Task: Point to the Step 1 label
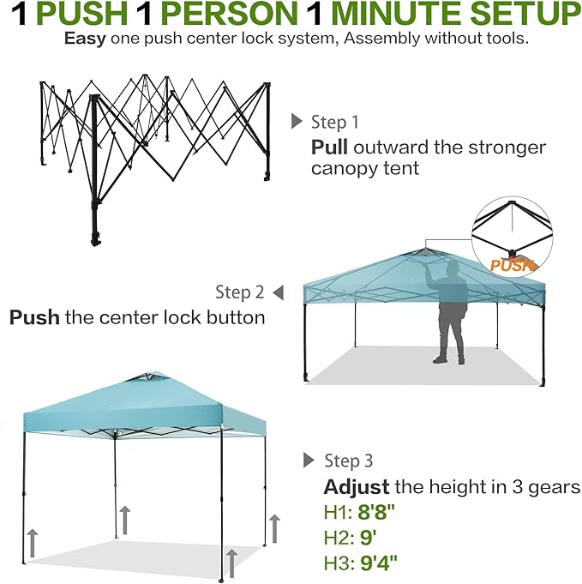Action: tap(335, 122)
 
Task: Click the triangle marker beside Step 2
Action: tap(278, 293)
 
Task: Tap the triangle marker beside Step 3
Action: tap(309, 461)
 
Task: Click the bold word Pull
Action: tap(329, 147)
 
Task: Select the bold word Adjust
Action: tap(356, 488)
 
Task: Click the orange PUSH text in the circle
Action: tap(512, 264)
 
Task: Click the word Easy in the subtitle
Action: tap(85, 39)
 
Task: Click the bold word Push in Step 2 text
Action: tap(34, 318)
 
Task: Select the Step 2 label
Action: tap(240, 293)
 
